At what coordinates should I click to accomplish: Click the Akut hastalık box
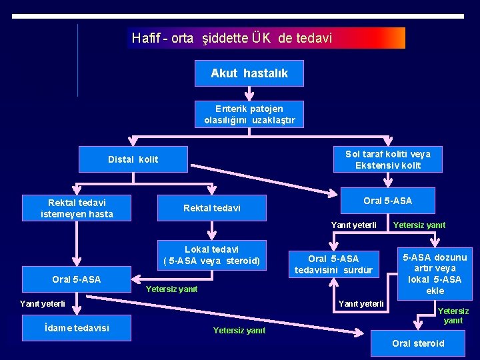[x=249, y=73]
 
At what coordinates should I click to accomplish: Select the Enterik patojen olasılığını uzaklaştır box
[x=249, y=114]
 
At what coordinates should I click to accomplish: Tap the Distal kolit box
[x=133, y=159]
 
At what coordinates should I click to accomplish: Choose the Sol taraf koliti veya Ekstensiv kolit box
[x=387, y=159]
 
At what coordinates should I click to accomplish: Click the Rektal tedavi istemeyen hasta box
[x=77, y=208]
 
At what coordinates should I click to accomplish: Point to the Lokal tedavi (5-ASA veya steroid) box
[x=211, y=255]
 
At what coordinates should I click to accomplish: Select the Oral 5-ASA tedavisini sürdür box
[x=333, y=264]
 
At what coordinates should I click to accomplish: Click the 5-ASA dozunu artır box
[x=434, y=274]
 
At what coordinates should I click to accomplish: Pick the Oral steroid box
[x=418, y=343]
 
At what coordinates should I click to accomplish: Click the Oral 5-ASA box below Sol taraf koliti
[x=387, y=201]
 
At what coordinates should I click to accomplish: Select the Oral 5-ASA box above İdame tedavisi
[x=77, y=279]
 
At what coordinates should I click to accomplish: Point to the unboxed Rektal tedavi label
[x=211, y=209]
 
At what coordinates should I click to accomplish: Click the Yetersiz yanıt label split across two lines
[x=453, y=315]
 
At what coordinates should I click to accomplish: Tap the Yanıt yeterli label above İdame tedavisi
[x=42, y=303]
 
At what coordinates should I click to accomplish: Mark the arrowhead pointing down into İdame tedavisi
[x=77, y=310]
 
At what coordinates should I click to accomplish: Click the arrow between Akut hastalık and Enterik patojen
[x=249, y=93]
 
